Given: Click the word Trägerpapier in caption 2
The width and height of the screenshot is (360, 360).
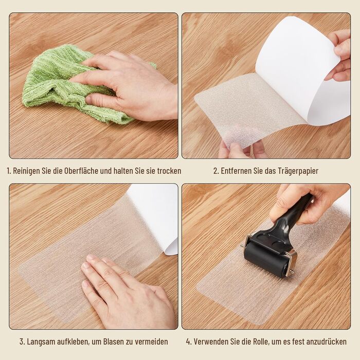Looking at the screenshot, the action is pyautogui.click(x=298, y=171).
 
